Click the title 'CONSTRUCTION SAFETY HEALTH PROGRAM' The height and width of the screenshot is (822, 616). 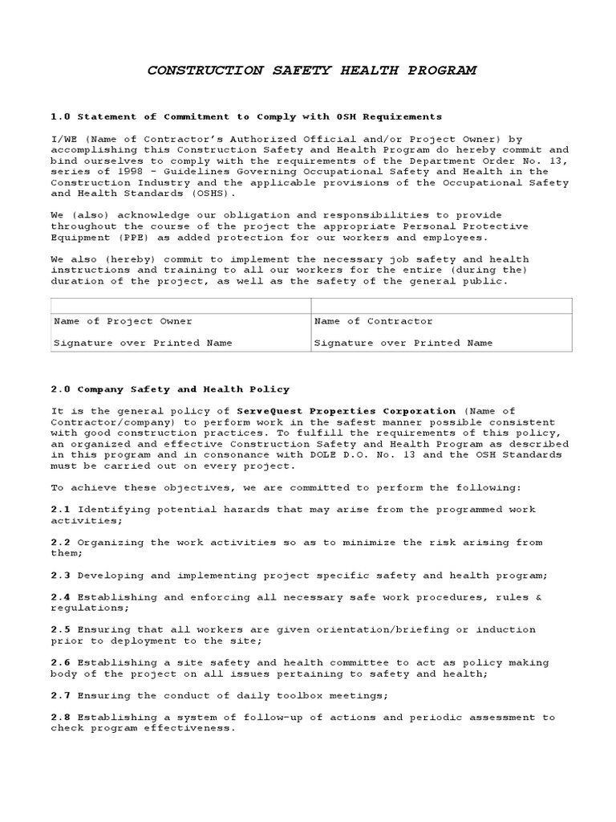click(311, 71)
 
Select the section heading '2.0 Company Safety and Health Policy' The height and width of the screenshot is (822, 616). click(170, 389)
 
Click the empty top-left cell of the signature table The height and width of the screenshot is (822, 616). click(180, 305)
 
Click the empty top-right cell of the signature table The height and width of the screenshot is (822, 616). click(441, 305)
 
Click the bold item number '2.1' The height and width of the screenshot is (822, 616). click(61, 510)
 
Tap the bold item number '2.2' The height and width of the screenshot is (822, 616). click(61, 543)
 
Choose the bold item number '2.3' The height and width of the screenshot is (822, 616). click(61, 576)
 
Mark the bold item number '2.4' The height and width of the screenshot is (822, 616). click(61, 597)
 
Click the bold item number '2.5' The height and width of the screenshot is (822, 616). click(61, 630)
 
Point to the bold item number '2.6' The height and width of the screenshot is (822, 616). click(61, 663)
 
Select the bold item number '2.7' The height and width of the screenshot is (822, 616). click(61, 695)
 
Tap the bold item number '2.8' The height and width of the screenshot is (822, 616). click(61, 718)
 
